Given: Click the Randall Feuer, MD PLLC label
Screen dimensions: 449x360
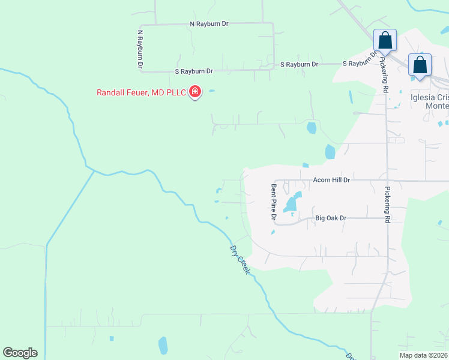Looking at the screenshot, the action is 142,92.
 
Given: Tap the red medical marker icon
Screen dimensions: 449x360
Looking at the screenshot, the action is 195,92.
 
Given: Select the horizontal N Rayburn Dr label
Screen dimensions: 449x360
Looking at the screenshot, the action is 209,24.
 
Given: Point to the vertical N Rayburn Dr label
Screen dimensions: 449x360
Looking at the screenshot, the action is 140,48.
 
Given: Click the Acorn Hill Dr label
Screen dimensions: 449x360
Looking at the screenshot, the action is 331,179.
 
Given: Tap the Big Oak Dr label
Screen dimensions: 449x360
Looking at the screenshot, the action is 331,218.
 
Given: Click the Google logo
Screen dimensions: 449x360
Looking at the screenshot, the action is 20,353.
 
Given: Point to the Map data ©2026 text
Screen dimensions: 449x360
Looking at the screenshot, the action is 423,355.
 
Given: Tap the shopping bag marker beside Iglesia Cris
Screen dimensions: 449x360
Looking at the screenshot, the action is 420,65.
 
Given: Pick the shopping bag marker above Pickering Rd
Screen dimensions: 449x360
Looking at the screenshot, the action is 385,41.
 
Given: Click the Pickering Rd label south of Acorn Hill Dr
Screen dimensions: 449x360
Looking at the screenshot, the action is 387,205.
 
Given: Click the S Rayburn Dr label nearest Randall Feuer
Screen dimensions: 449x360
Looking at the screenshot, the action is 194,71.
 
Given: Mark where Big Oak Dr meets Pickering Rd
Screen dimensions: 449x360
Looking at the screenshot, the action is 387,218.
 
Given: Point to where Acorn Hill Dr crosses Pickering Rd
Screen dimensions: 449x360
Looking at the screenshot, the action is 387,180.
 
